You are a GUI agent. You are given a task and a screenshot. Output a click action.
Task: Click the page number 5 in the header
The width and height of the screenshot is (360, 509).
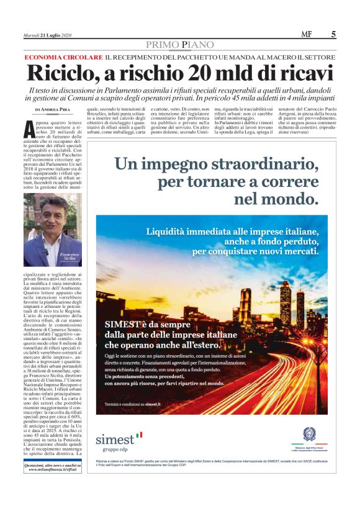click(333, 35)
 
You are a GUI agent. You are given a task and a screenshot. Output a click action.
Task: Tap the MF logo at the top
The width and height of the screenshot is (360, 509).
click(307, 35)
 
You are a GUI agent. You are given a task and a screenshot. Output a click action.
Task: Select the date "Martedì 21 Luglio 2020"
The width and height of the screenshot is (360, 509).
click(48, 35)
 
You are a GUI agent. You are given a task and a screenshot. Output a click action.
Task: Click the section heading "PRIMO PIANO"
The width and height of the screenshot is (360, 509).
click(180, 45)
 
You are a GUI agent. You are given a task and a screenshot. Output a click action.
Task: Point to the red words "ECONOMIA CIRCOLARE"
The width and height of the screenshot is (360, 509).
click(62, 56)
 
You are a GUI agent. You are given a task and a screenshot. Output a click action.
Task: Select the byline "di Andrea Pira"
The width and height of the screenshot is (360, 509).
click(54, 109)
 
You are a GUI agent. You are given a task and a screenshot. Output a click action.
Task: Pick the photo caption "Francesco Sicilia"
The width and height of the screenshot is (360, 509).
click(70, 258)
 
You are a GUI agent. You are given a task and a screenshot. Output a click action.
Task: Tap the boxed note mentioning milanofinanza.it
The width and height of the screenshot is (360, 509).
click(52, 467)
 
